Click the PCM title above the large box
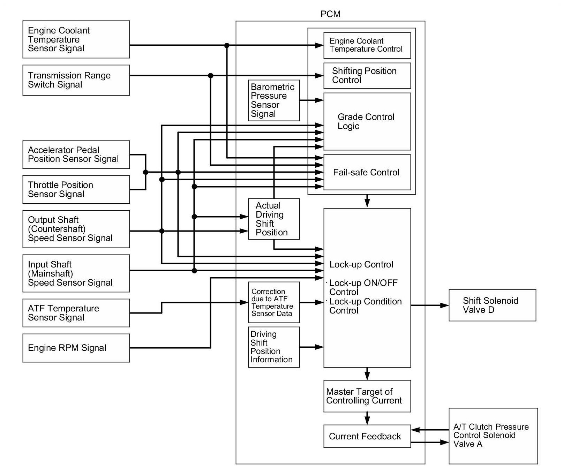coord(330,14)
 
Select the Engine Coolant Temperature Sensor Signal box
coord(76,39)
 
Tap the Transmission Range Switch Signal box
coord(76,80)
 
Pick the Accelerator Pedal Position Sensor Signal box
coord(76,154)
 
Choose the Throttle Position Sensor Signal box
coord(76,189)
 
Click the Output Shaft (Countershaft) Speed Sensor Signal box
coord(76,229)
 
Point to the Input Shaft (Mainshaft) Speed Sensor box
coord(76,273)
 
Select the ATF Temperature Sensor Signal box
coord(76,313)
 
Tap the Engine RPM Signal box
coord(76,348)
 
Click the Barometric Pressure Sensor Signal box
coord(274,100)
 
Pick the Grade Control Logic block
coord(367,121)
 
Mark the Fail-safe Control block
coord(367,172)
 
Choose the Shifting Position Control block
coord(367,76)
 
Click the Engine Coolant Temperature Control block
coord(367,45)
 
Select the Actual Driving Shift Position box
coord(274,219)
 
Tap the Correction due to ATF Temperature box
coord(274,302)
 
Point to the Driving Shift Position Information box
coord(274,347)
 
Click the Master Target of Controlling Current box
coord(367,396)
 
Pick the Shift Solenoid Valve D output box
coord(492,305)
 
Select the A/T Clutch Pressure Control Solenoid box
coord(493,435)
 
